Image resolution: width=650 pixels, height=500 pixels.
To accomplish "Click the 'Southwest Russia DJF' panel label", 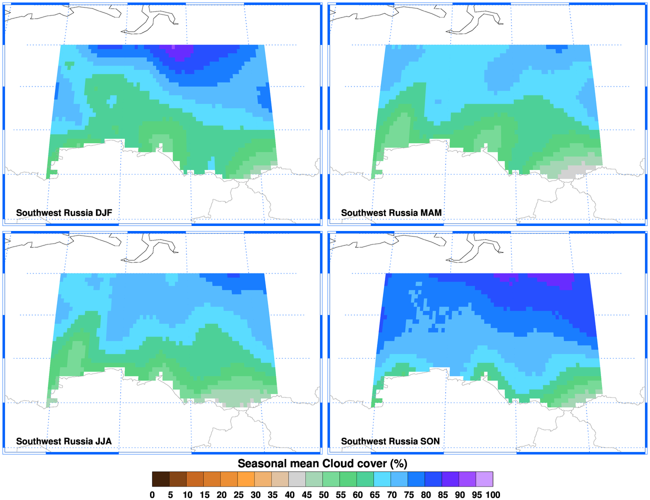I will (64, 213).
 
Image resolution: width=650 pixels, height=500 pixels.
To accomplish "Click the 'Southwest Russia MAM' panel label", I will (391, 213).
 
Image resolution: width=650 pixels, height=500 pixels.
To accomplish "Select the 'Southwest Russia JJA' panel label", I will (64, 441).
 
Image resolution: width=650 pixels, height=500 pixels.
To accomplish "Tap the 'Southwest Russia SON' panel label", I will (390, 441).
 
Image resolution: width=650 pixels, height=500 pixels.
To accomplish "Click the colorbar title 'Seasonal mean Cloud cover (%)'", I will (322, 463).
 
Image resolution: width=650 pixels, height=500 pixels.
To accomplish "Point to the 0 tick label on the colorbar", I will (152, 495).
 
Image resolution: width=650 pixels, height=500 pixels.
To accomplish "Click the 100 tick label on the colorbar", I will (492, 495).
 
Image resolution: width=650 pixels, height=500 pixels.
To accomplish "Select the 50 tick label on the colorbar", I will (323, 495).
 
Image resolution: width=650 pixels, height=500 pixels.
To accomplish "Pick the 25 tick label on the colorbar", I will (238, 495).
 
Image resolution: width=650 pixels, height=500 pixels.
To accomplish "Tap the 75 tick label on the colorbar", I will (409, 495).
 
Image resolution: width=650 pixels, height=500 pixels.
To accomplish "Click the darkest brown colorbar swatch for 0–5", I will (161, 479).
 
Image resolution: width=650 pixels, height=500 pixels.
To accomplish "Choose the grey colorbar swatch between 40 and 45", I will (297, 479).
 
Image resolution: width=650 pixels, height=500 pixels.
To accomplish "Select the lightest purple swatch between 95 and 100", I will (484, 479).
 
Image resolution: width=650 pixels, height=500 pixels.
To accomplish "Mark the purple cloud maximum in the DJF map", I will (179, 51).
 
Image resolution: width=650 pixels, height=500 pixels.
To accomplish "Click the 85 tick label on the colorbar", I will (443, 495).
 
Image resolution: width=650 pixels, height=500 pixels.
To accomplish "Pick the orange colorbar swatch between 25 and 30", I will (246, 479).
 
